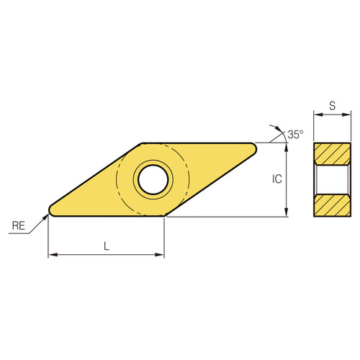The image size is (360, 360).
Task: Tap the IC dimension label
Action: pos(276,180)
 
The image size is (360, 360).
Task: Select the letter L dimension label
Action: pos(107,246)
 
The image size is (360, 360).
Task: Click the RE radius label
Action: pos(19,226)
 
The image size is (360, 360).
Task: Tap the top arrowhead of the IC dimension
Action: pos(287,147)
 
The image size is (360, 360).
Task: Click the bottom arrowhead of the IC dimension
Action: pos(287,212)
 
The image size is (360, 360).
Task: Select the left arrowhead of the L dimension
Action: pos(52,255)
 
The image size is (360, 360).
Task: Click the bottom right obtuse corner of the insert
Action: pos(166,215)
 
